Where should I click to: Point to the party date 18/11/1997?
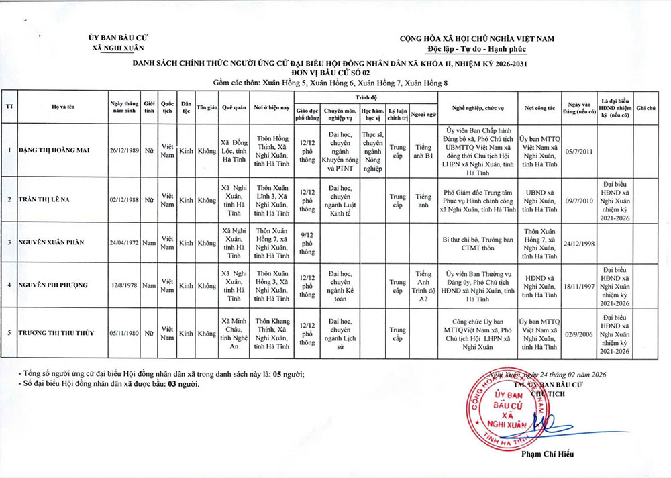click(578, 285)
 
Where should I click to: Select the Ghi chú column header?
click(647, 108)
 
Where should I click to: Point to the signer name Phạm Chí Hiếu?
click(547, 455)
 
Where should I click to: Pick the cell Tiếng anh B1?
click(423, 149)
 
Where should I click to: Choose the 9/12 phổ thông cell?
click(307, 242)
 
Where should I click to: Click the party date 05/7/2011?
click(578, 149)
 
